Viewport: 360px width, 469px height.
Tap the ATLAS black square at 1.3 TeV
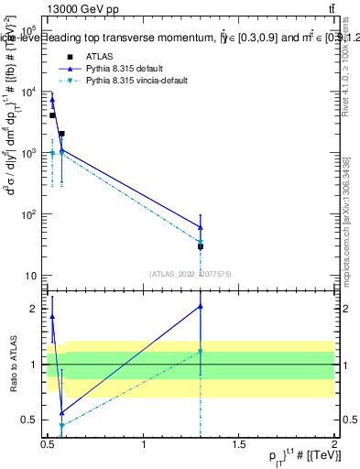click(200, 246)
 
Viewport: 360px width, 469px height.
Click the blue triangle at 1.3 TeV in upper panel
click(200, 227)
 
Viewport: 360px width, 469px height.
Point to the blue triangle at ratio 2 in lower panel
click(200, 307)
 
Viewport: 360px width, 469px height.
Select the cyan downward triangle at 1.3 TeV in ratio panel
click(200, 352)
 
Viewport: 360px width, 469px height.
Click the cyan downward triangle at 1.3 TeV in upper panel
click(200, 242)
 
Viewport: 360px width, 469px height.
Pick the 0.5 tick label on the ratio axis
click(31, 420)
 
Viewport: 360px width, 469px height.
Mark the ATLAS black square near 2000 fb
click(61, 134)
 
